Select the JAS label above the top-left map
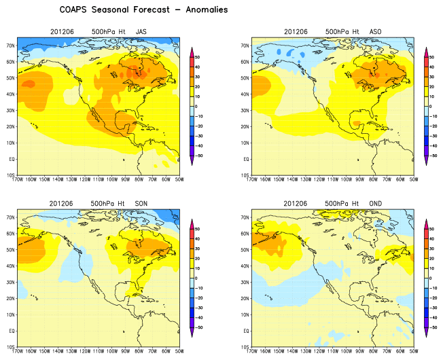point(141,32)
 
